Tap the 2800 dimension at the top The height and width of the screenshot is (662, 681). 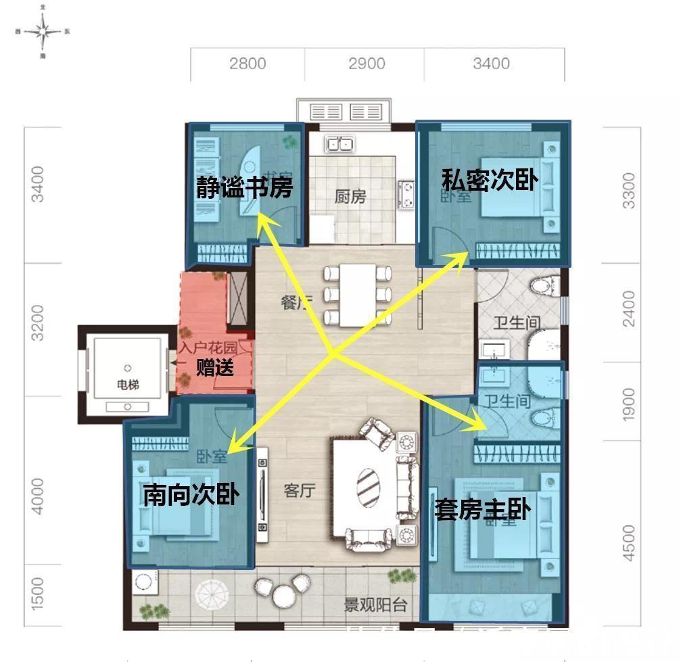[248, 64]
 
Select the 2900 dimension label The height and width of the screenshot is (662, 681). [367, 64]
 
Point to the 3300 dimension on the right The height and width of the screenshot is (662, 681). [629, 191]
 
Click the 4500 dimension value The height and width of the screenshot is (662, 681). [629, 544]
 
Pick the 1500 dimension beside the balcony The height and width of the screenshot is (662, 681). [37, 592]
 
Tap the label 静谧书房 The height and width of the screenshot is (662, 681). [245, 187]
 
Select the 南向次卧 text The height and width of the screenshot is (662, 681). [191, 495]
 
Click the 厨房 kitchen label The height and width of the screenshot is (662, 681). [350, 197]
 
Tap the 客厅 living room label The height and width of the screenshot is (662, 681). [299, 490]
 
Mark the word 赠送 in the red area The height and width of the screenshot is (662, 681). [214, 369]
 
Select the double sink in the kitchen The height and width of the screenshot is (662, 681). [339, 143]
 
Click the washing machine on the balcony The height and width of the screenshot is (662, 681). [143, 582]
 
